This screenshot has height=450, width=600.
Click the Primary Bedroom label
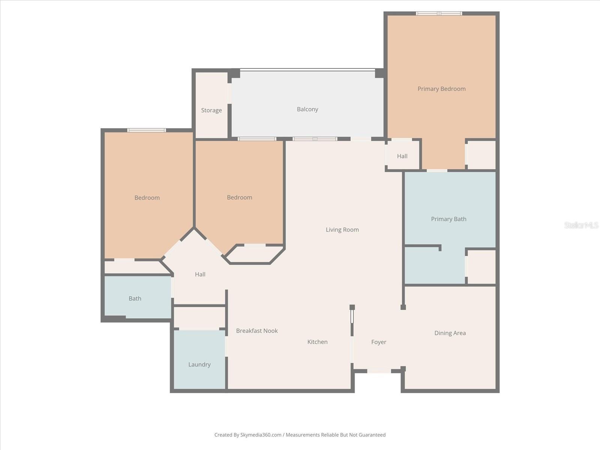441,89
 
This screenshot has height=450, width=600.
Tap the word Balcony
307,109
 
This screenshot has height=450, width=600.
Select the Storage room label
211,110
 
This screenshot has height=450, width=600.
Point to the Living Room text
342,229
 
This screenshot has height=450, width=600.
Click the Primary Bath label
448,219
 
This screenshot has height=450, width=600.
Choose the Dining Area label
450,333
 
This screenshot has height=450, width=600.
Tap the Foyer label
378,342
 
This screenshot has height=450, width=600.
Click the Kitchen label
317,342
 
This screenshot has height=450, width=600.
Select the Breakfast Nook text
257,331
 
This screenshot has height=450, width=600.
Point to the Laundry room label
199,364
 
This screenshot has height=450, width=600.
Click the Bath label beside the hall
135,298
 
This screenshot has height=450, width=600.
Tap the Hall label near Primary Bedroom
402,156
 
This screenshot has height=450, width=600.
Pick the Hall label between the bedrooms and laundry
200,274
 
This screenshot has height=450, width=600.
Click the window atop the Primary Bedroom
439,13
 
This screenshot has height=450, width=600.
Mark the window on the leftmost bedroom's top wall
146,130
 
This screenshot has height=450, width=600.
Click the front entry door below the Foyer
379,371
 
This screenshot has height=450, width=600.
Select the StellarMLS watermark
581,225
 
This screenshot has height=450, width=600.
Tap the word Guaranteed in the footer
371,435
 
